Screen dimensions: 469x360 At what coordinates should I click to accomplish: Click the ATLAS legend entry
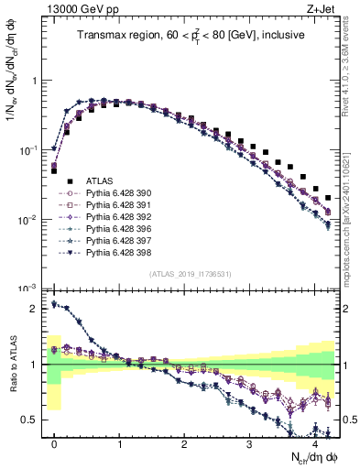tap(102, 181)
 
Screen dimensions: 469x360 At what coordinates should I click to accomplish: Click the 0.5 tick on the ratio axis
tap(33, 420)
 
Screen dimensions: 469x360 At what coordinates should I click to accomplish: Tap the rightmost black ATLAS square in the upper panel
tap(328, 197)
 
